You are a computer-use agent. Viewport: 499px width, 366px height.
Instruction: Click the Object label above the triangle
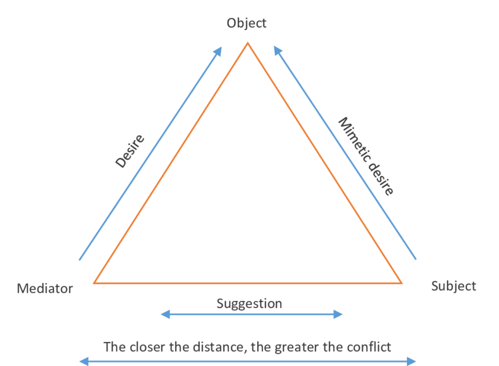click(x=247, y=23)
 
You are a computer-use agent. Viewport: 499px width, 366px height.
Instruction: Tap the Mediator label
click(x=45, y=289)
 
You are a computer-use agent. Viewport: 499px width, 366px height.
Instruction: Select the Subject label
click(x=453, y=286)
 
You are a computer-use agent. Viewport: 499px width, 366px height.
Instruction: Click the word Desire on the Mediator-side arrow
click(x=130, y=151)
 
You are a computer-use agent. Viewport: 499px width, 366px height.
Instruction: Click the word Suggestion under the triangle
click(x=249, y=303)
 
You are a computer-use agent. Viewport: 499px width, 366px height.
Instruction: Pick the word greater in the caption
click(x=299, y=346)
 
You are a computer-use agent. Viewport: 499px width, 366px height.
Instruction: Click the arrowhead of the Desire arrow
click(x=218, y=52)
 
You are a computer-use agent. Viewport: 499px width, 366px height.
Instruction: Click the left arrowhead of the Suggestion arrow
click(x=165, y=315)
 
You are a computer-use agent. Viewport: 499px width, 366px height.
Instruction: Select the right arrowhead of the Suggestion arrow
click(x=338, y=315)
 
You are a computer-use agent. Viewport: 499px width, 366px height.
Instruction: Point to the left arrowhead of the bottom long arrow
click(x=83, y=361)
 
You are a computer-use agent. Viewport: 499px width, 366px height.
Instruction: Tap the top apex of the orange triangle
click(x=248, y=43)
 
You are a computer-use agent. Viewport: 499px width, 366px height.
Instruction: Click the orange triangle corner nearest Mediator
click(x=95, y=283)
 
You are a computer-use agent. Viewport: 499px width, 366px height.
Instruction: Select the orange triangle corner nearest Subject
click(x=402, y=283)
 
